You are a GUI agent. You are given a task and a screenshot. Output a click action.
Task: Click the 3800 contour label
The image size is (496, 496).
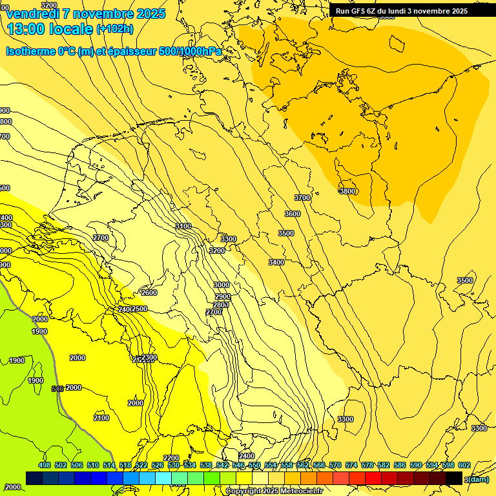coord(347,191)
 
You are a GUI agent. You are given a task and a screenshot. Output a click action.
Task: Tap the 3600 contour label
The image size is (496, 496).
coord(293,214)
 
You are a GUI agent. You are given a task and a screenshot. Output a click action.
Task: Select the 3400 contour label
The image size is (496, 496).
coord(276,262)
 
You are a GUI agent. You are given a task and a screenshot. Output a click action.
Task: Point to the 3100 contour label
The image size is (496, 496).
coord(183,226)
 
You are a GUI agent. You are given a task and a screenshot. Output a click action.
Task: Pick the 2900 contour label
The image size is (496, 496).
coord(223,296)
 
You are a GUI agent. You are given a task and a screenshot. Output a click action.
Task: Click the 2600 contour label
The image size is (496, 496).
coord(149,293)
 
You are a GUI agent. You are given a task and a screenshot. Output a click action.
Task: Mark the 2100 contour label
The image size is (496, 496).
coord(101,418)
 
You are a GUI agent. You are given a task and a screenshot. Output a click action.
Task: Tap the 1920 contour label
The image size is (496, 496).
coord(39,331)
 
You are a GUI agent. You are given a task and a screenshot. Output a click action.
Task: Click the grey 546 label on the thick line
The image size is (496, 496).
coord(57,389)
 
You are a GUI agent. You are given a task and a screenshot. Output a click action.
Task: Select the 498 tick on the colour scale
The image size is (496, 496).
coord(45,465)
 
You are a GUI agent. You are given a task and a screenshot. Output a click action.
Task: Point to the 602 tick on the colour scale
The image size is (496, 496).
coord(464,465)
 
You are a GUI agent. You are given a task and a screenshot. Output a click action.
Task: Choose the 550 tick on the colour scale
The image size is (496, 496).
coord(254,465)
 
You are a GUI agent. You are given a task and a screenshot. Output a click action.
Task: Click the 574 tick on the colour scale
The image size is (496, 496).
coord(351,465)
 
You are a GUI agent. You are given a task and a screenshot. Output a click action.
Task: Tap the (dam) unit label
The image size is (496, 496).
coord(477,480)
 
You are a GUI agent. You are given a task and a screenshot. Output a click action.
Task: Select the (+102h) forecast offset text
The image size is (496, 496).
coord(115,28)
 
